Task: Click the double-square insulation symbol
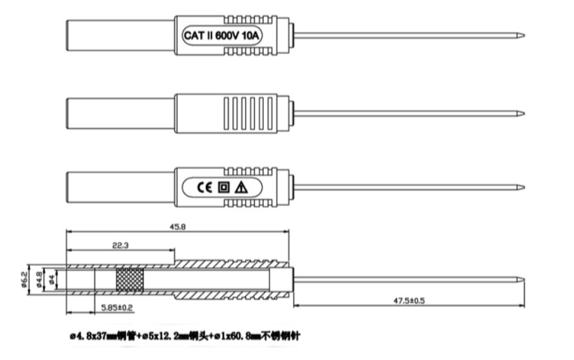pos(223,187)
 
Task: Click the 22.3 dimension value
pos(120,245)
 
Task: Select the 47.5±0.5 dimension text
pos(411,300)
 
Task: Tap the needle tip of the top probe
pos(523,35)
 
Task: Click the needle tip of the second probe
pos(523,113)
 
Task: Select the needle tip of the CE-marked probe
pos(523,187)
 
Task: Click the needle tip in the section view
pos(523,279)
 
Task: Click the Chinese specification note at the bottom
pos(183,336)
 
